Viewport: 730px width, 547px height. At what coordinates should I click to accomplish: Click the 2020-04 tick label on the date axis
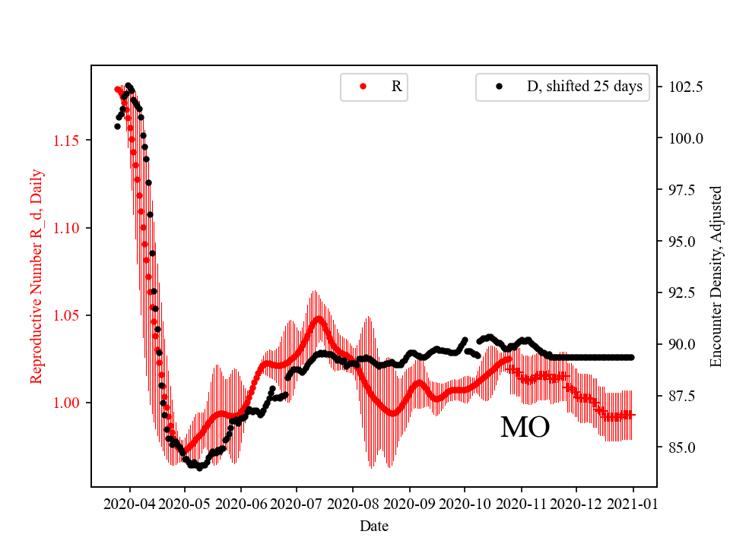coord(129,503)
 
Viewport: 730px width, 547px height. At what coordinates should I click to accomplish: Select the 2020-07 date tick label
coord(296,503)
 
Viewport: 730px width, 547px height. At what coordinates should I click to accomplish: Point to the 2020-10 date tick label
coord(465,503)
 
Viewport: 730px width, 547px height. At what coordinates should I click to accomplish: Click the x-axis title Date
coord(373,526)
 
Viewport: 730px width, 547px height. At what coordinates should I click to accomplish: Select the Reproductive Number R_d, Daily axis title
coord(36,276)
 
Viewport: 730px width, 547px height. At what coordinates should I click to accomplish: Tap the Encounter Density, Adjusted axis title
coord(716,276)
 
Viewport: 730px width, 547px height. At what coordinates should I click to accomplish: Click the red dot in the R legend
coord(363,87)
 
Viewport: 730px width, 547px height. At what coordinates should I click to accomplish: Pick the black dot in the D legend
coord(499,87)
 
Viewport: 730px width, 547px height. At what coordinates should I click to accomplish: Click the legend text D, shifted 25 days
coord(585,87)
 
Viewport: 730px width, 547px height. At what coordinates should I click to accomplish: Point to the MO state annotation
coord(525,428)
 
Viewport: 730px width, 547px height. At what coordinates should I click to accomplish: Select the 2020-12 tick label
coord(576,503)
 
